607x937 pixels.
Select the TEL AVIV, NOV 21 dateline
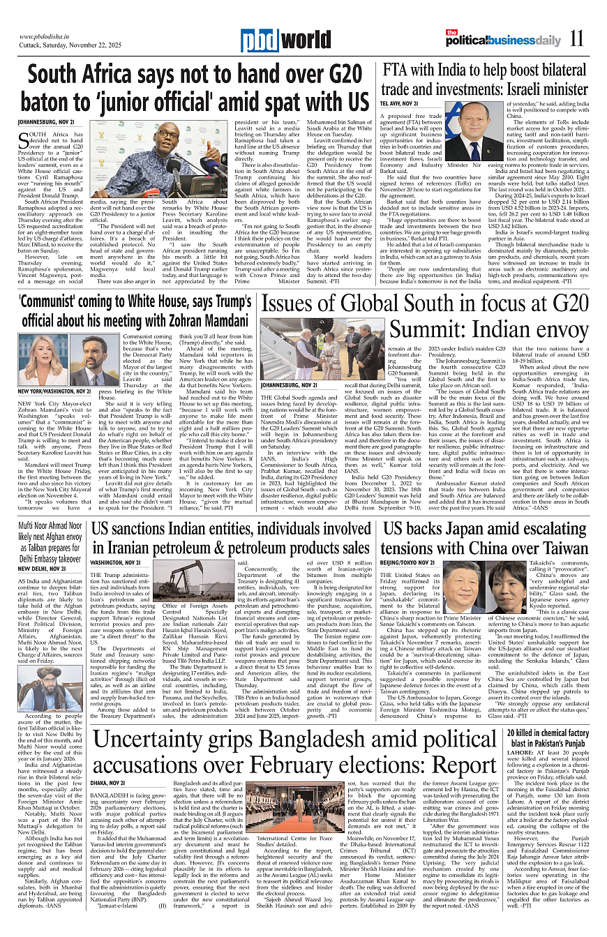click(x=399, y=103)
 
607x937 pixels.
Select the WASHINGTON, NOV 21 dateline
click(x=116, y=562)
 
